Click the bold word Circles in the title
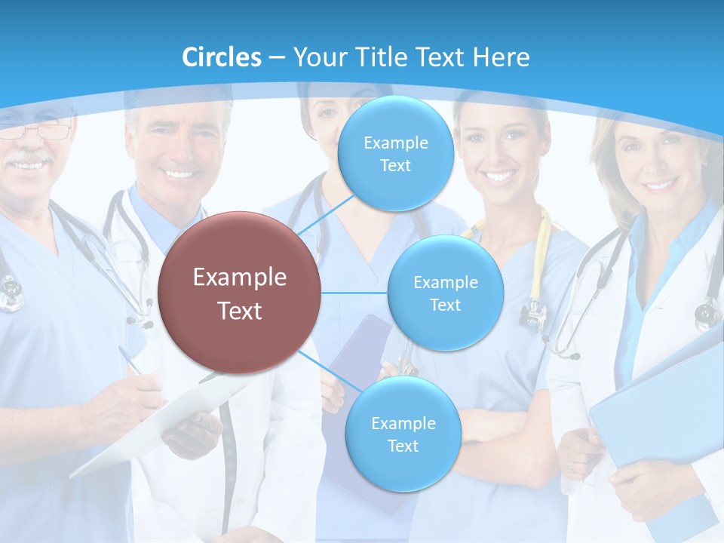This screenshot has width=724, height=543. pos(222,57)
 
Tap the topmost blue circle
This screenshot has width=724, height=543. pos(395,154)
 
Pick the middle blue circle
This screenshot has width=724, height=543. pos(445,293)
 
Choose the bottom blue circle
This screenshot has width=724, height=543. pos(403,434)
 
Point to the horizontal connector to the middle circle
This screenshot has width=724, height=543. pos(354,293)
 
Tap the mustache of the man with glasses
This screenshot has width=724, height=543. pos(29,158)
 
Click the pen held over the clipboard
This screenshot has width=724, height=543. pos(130,360)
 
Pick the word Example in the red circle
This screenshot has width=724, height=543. pos(240,278)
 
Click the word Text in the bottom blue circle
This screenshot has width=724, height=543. pos(403,446)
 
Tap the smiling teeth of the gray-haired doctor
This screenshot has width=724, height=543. pos(179,174)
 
